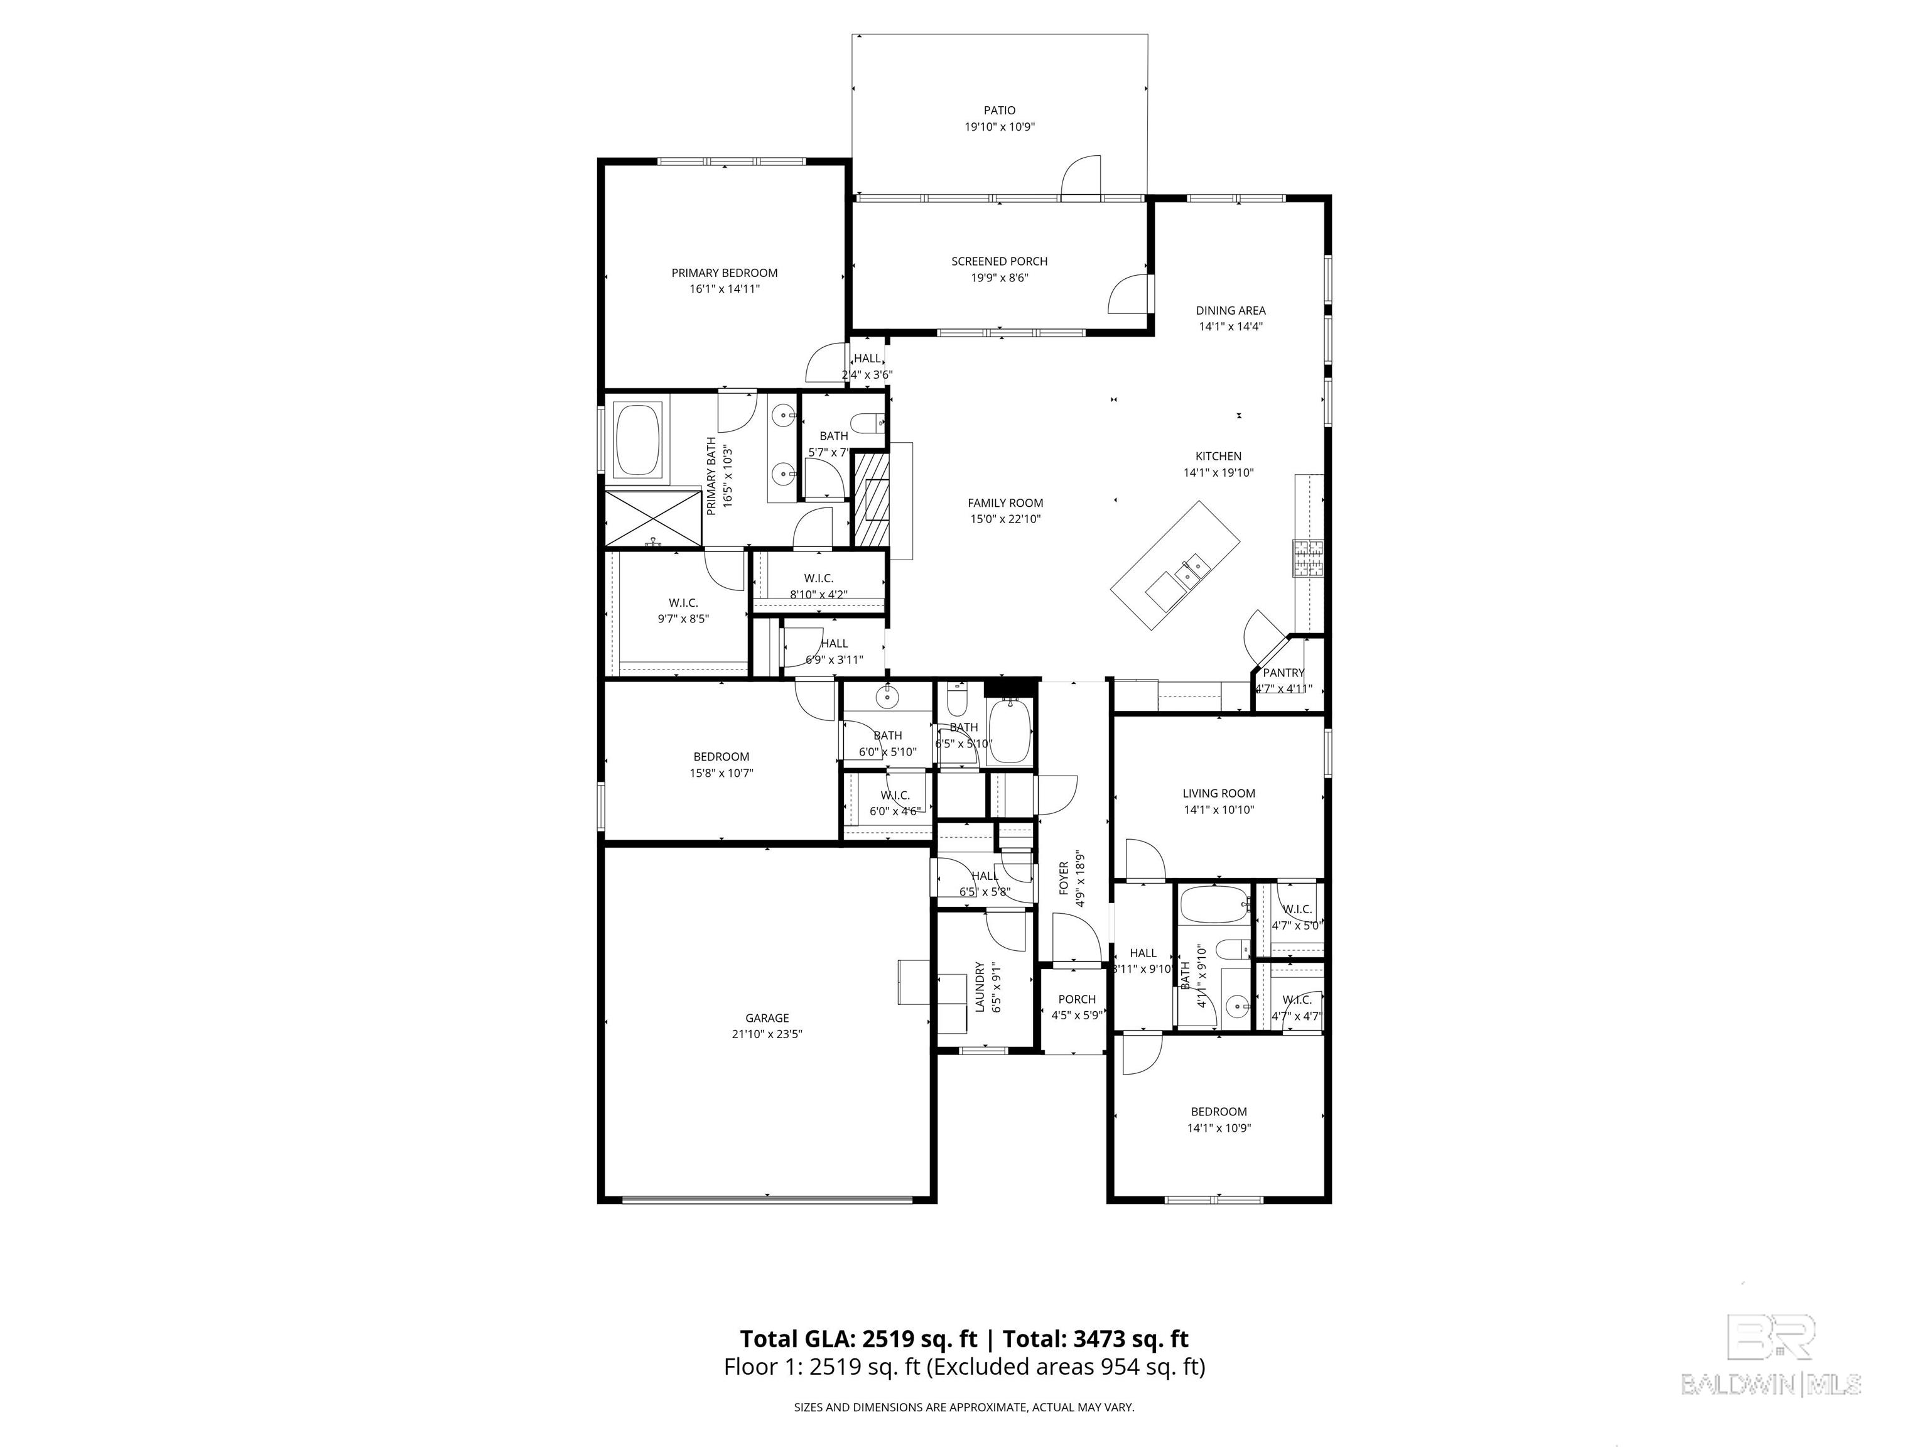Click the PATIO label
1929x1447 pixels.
(1000, 111)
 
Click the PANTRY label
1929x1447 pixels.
(1283, 673)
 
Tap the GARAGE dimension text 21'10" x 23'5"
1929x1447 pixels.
(767, 1034)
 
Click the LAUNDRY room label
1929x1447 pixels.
(980, 987)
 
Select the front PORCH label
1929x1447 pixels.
(1076, 1000)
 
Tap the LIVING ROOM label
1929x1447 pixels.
(1218, 793)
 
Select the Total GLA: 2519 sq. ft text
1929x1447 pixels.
(858, 1339)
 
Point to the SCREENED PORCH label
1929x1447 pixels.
(1000, 261)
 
